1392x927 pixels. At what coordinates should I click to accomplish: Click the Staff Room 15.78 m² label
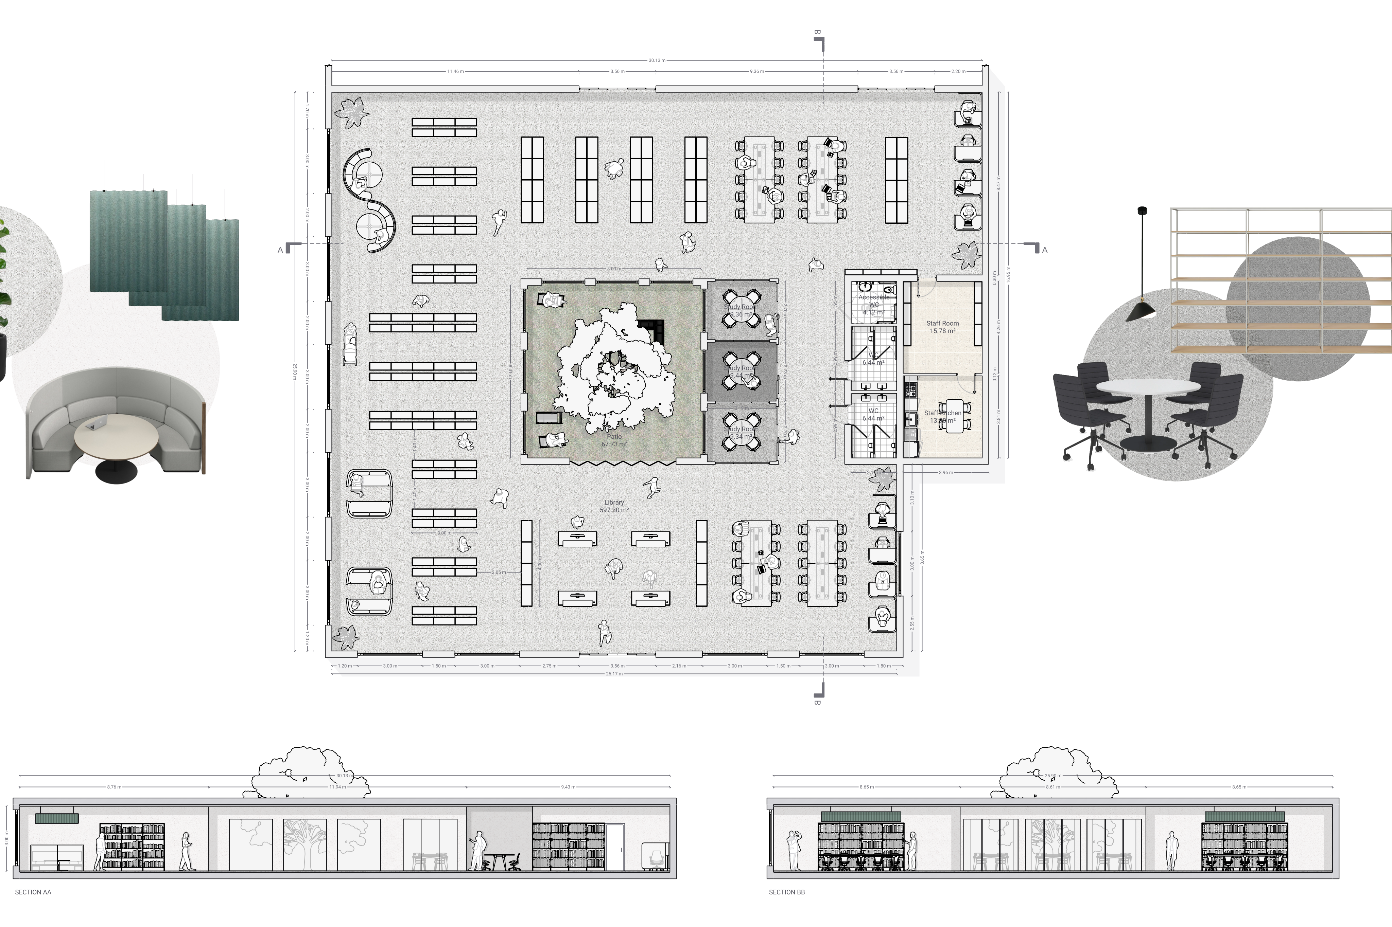pos(942,327)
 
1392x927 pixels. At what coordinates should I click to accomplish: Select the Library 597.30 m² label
pos(614,506)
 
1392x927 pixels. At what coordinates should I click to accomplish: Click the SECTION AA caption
pos(33,892)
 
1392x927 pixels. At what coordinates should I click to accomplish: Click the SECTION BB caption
pos(787,892)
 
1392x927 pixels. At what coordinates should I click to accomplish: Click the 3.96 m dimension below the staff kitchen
pos(946,472)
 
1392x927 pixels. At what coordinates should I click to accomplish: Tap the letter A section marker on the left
pos(280,250)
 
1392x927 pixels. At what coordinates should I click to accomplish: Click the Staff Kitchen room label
pos(942,417)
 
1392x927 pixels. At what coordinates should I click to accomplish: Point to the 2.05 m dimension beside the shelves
pos(499,572)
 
